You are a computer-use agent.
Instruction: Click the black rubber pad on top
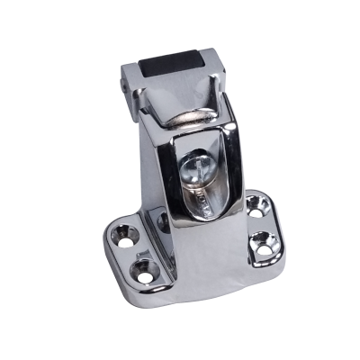(x=172, y=65)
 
